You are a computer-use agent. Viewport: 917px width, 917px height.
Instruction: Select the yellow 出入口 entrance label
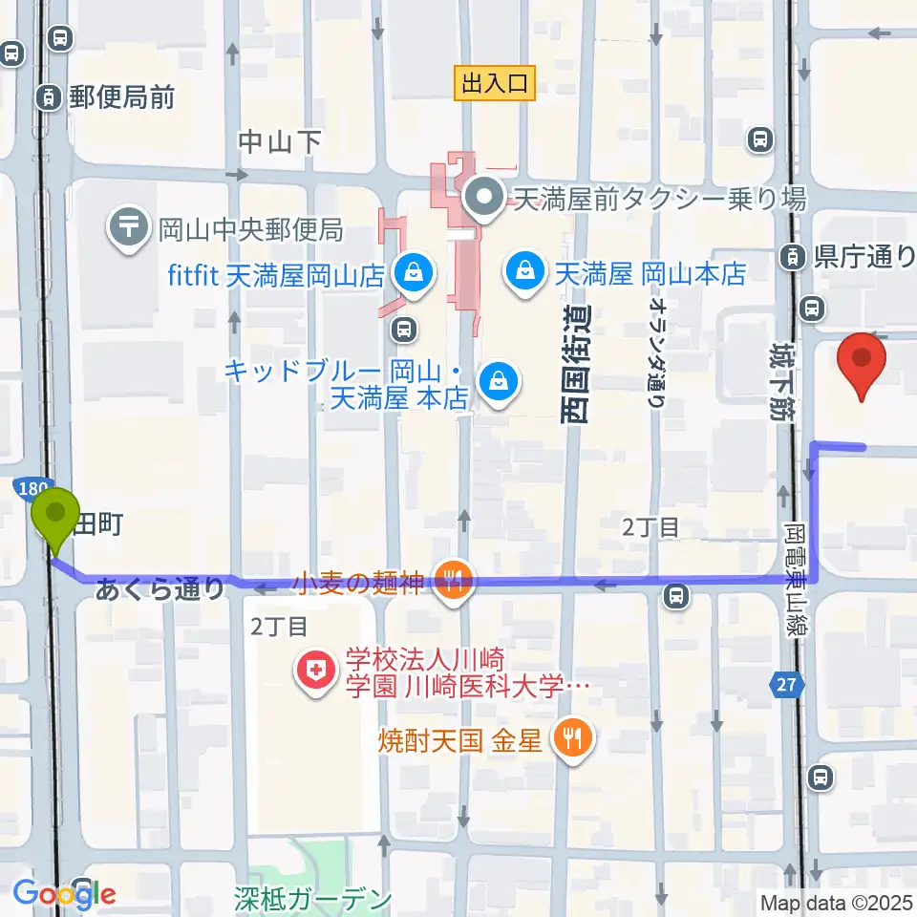pos(494,84)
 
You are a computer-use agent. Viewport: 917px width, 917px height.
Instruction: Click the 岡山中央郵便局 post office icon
pos(127,229)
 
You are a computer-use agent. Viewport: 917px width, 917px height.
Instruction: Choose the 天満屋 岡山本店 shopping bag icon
pos(525,274)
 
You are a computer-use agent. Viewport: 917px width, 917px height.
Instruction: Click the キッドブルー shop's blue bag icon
pos(498,382)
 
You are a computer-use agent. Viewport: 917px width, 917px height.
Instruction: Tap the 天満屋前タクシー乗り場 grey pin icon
pos(484,199)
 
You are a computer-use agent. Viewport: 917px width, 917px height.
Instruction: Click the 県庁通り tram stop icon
pos(793,256)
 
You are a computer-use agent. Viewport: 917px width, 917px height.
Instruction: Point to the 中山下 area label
pos(280,141)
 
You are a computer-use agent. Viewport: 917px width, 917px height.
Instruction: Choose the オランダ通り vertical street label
pos(656,350)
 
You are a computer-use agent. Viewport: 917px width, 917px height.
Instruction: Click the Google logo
pos(64,894)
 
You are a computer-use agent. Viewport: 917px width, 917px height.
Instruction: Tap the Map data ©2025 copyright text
pos(836,902)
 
